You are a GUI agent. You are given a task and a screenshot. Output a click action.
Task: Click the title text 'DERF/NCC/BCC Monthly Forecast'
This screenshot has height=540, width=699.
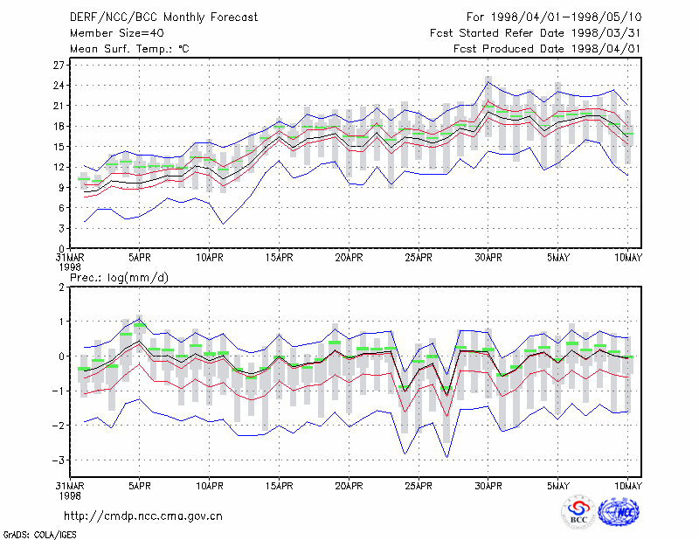tap(163, 17)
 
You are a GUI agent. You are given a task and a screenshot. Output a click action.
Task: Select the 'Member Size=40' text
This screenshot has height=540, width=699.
tap(117, 33)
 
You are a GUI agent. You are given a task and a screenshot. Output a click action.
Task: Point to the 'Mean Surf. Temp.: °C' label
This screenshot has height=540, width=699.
tap(129, 49)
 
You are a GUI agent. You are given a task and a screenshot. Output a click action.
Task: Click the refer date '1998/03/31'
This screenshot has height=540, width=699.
tap(606, 33)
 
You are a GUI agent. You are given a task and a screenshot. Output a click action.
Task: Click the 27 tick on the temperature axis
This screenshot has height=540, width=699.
tap(59, 66)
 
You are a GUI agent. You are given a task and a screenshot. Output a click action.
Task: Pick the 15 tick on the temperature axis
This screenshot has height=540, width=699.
tap(59, 147)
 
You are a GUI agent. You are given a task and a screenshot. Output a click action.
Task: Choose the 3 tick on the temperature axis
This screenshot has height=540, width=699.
tap(61, 228)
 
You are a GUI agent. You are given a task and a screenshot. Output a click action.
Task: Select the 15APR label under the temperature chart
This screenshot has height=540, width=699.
tap(279, 258)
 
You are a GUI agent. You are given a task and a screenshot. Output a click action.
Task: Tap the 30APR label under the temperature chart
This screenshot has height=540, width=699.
tap(488, 258)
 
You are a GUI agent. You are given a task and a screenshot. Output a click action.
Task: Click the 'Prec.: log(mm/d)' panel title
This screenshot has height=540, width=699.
tap(119, 278)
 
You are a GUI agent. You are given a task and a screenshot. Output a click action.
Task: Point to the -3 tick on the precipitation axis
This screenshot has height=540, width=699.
tap(58, 460)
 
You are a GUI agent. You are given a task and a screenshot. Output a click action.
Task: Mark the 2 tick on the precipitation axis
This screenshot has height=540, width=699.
tap(61, 287)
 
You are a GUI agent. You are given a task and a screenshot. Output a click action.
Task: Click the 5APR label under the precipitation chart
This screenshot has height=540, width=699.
tap(140, 486)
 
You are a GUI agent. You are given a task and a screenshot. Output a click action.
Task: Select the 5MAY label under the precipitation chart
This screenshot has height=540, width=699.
tap(558, 486)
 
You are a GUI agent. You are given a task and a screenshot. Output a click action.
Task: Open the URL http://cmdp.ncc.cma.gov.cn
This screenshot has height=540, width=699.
tap(143, 516)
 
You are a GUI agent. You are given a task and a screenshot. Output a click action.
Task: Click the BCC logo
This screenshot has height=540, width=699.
tap(578, 512)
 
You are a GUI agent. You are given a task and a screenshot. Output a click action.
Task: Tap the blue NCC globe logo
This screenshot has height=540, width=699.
tap(619, 511)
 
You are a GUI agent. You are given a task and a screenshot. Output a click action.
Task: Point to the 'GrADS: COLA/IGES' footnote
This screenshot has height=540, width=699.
tap(39, 535)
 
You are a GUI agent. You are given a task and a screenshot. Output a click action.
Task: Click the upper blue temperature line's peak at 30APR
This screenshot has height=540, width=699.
tap(488, 81)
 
